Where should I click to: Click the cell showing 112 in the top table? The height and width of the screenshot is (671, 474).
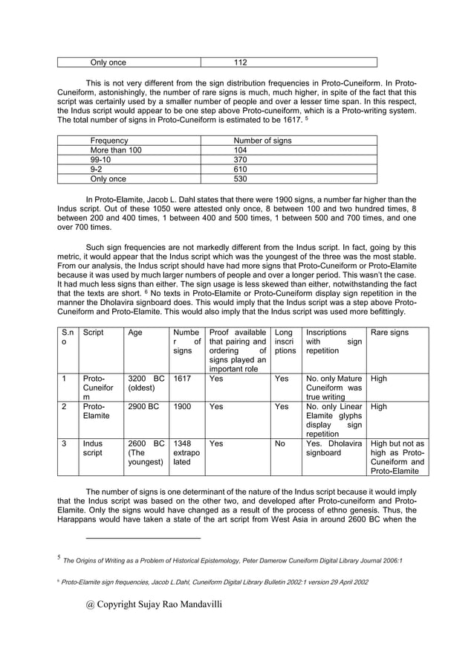click(x=240, y=62)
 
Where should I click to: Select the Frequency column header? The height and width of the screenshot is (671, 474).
click(x=109, y=140)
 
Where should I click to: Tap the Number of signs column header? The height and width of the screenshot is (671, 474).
click(x=262, y=140)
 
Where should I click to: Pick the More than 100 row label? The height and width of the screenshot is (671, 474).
click(x=116, y=150)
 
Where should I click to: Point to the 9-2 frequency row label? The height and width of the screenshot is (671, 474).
click(x=97, y=169)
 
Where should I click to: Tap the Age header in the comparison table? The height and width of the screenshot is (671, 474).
click(x=135, y=333)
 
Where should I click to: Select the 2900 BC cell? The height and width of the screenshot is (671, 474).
click(x=142, y=408)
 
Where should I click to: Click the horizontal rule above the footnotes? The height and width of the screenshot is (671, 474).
click(x=143, y=537)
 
